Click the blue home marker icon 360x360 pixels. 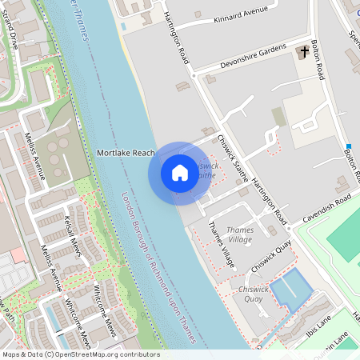[x=180, y=173]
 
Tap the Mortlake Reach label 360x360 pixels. [x=126, y=152]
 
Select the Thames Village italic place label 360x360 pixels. [x=238, y=234]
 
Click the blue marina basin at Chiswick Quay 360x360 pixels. [x=289, y=289]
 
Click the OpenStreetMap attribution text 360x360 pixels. [x=81, y=354]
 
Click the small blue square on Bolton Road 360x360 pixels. [x=349, y=146]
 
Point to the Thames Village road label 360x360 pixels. [x=222, y=243]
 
